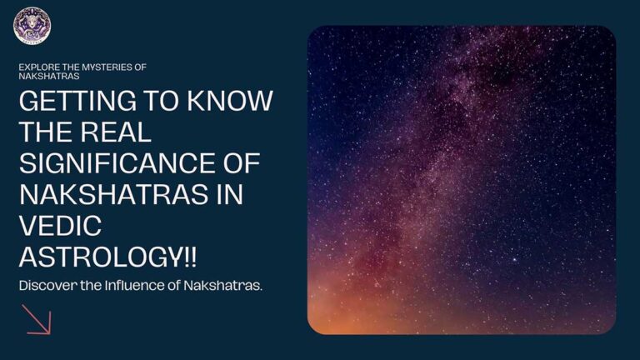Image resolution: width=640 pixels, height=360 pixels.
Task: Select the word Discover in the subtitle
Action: pos(45,286)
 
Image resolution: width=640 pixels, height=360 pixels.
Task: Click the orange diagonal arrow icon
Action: pos(38,319)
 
